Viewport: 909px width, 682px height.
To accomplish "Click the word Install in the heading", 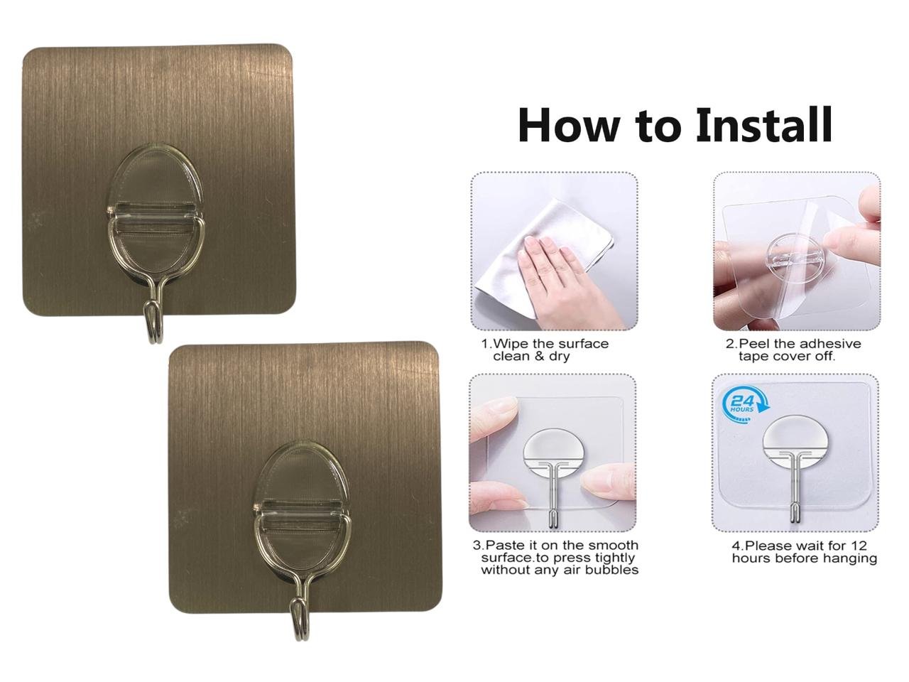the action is click(x=763, y=124).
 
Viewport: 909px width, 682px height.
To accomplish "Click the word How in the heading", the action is click(x=570, y=125).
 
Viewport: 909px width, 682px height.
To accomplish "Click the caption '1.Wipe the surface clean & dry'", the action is click(x=545, y=350).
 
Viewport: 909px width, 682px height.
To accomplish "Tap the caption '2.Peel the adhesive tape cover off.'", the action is click(x=793, y=350).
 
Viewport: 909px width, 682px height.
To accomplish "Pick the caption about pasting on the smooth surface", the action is click(x=555, y=558).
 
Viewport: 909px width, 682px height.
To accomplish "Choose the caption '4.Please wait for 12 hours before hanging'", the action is click(x=804, y=551).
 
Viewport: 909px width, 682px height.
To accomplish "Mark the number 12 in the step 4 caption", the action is click(x=858, y=546).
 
